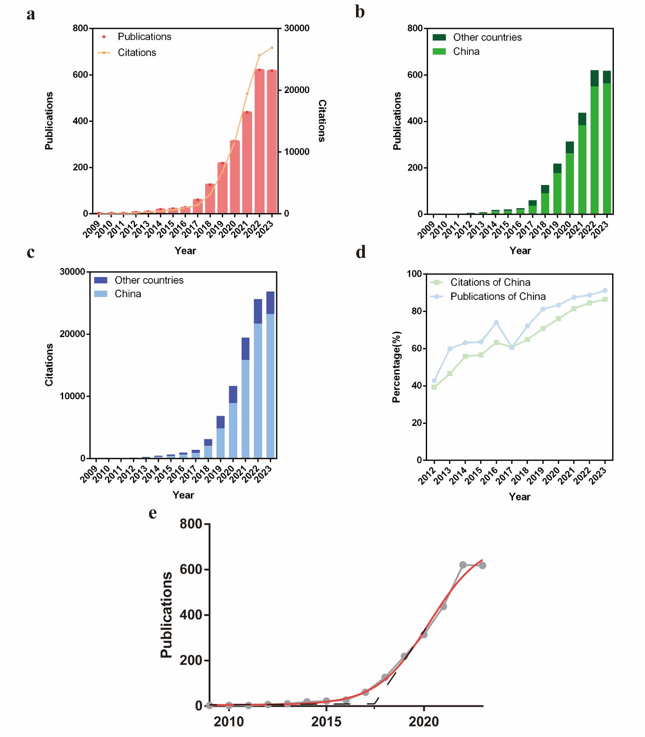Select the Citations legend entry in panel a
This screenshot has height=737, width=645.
pos(136,53)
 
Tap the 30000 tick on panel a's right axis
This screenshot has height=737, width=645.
pos(297,28)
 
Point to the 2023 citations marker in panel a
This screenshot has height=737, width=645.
pos(272,48)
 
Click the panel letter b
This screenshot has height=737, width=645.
pos(360,12)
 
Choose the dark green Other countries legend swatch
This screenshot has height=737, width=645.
pos(439,38)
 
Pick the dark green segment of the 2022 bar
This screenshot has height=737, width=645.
pos(594,78)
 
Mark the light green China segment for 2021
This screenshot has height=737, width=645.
pos(582,169)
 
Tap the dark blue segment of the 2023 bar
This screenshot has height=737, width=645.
pos(270,303)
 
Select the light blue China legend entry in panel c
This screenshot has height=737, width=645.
pos(128,294)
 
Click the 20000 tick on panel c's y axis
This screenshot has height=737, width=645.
pos(72,334)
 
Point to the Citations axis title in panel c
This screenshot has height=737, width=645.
pos(49,365)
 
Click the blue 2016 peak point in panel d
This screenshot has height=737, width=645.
pos(496,323)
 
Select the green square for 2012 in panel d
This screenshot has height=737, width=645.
pos(434,387)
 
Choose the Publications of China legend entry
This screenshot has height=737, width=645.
pos(498,296)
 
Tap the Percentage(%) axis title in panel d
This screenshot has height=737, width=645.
pos(396,367)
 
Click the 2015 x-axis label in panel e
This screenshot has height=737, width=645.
pos(326,722)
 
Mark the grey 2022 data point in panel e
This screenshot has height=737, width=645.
pos(463,565)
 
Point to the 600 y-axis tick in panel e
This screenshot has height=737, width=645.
pos(191,570)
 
